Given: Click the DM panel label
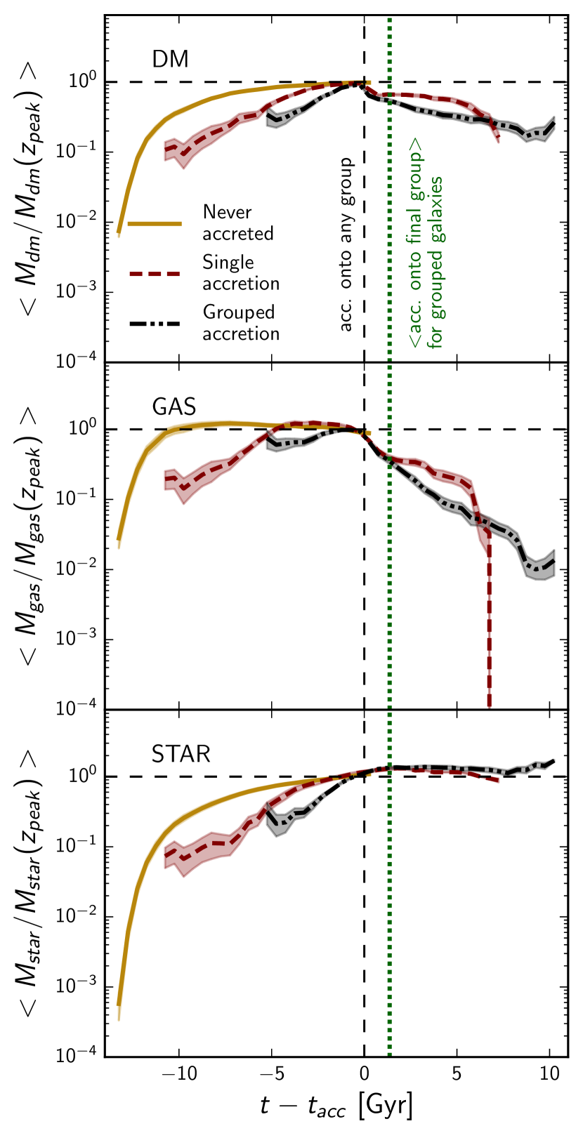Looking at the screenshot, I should pyautogui.click(x=171, y=58).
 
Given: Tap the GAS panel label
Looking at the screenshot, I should pyautogui.click(x=174, y=406).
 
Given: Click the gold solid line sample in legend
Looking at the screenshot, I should pyautogui.click(x=155, y=223).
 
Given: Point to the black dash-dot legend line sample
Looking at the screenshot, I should pyautogui.click(x=155, y=323).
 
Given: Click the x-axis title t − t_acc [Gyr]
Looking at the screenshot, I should pyautogui.click(x=336, y=1107).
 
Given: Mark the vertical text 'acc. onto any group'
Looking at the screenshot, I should pyautogui.click(x=346, y=244).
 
